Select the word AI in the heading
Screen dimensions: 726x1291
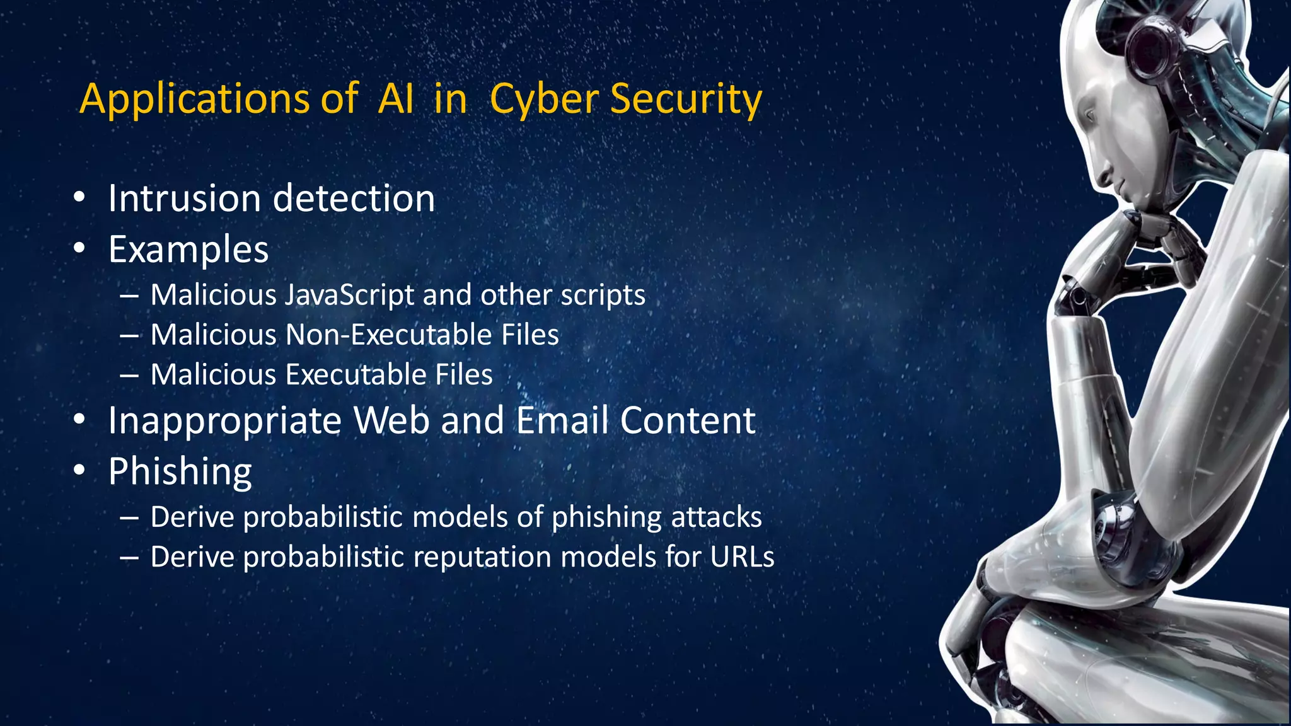click(396, 100)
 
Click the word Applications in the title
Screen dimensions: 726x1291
click(194, 100)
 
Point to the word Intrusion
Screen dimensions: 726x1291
click(184, 199)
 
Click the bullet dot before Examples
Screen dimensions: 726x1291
click(79, 249)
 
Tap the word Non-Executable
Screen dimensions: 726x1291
click(388, 335)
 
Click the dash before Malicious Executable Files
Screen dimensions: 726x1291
click(129, 375)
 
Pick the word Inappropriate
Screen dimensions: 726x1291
click(224, 420)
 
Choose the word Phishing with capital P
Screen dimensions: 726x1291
click(180, 471)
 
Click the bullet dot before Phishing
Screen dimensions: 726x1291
click(79, 471)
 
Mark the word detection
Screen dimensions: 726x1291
click(354, 199)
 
